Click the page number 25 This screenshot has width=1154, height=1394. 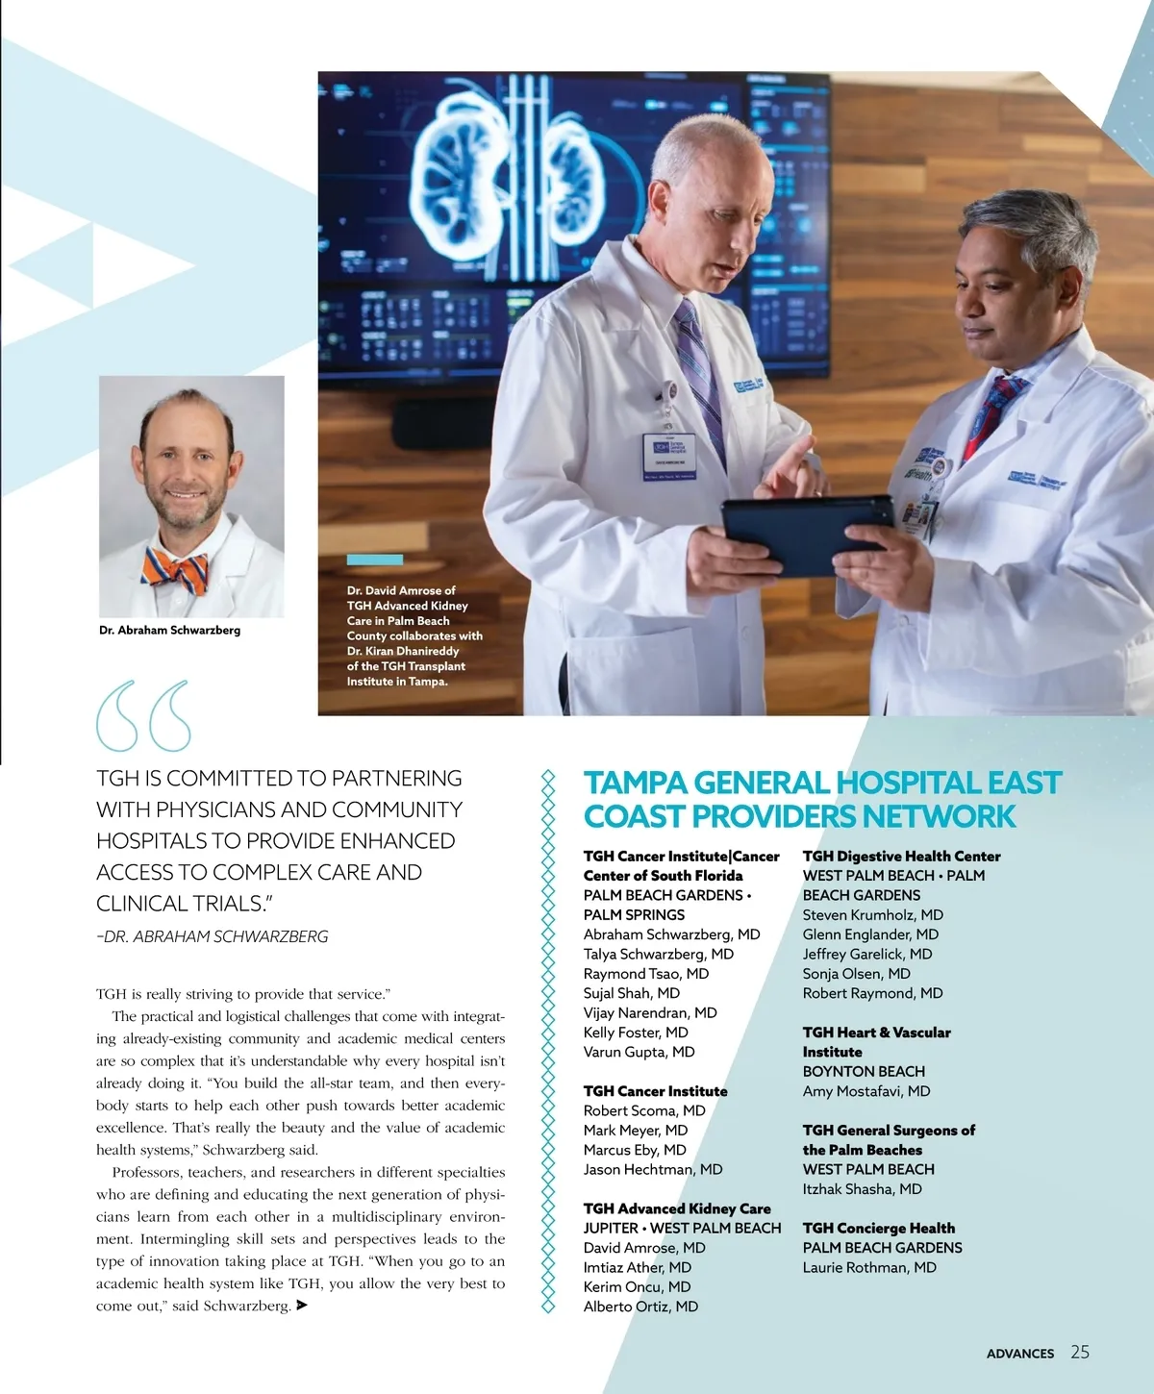[x=1080, y=1352]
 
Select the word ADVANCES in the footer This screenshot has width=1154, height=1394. [x=1019, y=1354]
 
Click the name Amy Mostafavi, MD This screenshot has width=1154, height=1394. [x=865, y=1091]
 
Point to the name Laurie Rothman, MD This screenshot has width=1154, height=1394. [x=868, y=1267]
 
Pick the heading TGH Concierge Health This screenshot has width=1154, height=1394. [x=878, y=1228]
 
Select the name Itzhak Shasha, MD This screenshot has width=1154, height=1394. [x=862, y=1189]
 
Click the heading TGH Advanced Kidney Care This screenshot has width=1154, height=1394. [x=676, y=1208]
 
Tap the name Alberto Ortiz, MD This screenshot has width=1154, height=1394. [x=640, y=1307]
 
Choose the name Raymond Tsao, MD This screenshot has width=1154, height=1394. [x=645, y=974]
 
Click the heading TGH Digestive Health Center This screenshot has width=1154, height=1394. [x=901, y=856]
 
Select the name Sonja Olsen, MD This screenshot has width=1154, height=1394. [x=856, y=974]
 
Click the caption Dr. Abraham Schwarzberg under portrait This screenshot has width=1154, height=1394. [x=169, y=631]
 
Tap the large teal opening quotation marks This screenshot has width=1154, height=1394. [x=143, y=716]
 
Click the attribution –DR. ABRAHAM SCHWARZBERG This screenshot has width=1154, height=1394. [x=213, y=936]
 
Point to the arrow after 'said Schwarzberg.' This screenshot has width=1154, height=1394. [x=302, y=1306]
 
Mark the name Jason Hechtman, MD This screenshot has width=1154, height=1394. [x=652, y=1170]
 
